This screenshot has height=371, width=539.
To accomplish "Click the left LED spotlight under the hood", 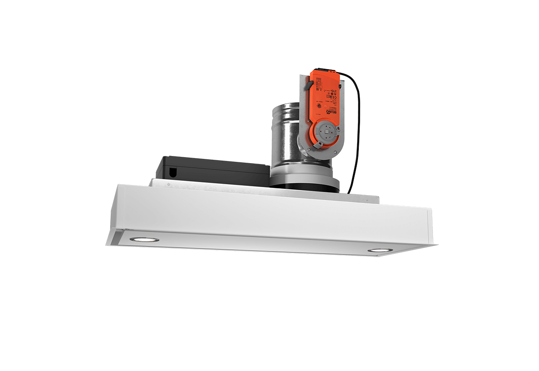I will click(144, 239).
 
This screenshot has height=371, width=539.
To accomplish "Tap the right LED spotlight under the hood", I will click(379, 250).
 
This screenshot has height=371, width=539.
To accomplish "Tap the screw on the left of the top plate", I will click(168, 184).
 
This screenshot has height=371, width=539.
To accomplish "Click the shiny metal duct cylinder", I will click(284, 135).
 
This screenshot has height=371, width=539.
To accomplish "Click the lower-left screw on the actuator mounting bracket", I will click(309, 149).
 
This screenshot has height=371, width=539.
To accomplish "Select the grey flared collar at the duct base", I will click(304, 175).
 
